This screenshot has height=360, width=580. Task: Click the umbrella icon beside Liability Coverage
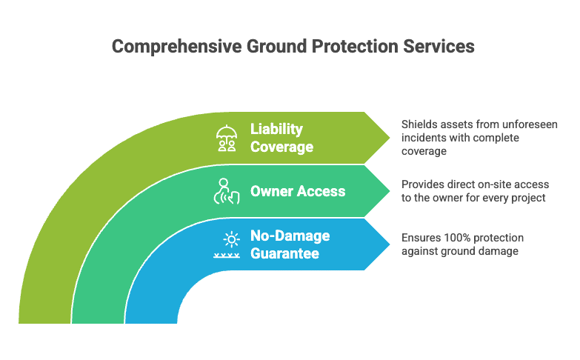227,138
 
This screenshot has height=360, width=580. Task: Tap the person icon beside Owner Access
226,191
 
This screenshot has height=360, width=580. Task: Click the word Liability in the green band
276,130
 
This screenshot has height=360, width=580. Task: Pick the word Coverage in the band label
281,147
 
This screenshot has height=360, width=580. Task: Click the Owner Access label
297,191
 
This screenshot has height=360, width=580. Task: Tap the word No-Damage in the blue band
290,236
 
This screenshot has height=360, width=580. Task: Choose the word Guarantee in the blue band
284,253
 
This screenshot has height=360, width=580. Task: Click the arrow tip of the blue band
390,244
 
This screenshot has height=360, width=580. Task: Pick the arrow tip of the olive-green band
390,138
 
